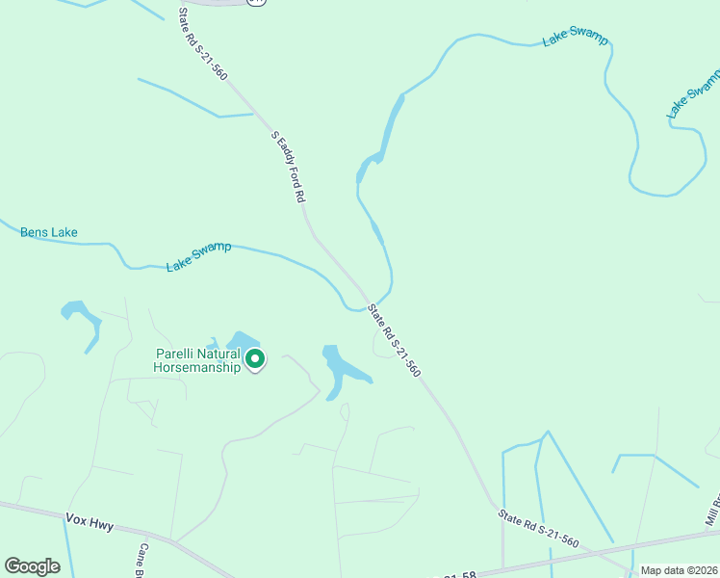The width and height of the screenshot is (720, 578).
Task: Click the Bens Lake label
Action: point(49,232)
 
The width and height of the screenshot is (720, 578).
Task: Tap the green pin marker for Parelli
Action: point(255,359)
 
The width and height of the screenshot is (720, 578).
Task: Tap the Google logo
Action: point(33,566)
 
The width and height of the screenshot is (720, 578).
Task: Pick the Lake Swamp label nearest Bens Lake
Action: point(198,257)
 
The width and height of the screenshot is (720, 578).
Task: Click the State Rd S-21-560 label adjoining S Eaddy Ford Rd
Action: point(202,44)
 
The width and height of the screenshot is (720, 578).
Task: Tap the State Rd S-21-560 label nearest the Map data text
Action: point(539,529)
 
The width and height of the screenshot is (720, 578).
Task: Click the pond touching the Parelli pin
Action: point(242,341)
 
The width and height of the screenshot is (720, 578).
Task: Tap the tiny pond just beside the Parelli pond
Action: point(212,343)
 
